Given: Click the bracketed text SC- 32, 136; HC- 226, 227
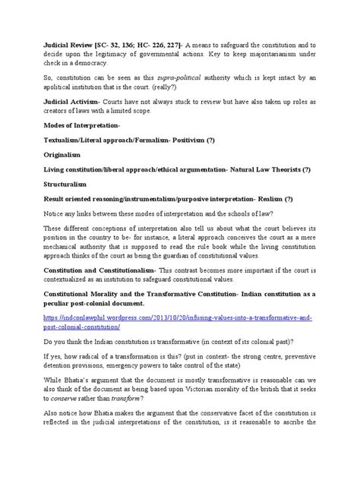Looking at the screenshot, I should pyautogui.click(x=137, y=45).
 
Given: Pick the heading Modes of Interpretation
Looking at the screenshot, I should pyautogui.click(x=83, y=132).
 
